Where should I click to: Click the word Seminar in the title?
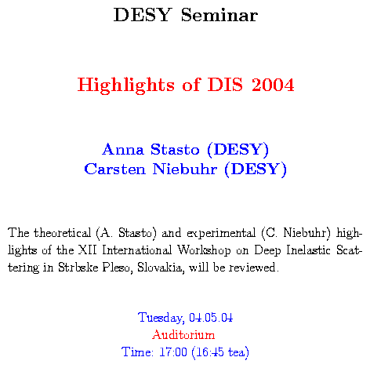[x=219, y=15]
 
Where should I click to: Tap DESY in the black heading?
[x=143, y=15]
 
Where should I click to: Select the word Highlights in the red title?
[x=126, y=86]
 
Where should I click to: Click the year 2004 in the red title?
[x=273, y=85]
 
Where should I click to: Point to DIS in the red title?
[x=225, y=85]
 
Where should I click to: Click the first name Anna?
[x=123, y=149]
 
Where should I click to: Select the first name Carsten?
[x=114, y=169]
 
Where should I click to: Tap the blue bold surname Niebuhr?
[x=185, y=169]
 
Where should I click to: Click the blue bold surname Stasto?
[x=175, y=149]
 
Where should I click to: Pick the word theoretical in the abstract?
[x=62, y=233]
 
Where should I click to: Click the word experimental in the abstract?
[x=221, y=233]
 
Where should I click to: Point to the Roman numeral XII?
[x=88, y=250]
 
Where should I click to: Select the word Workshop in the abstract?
[x=204, y=250]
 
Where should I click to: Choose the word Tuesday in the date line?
[x=161, y=318]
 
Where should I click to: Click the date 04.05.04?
[x=211, y=317]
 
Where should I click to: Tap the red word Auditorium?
[x=183, y=334]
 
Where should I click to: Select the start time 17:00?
[x=173, y=352]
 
